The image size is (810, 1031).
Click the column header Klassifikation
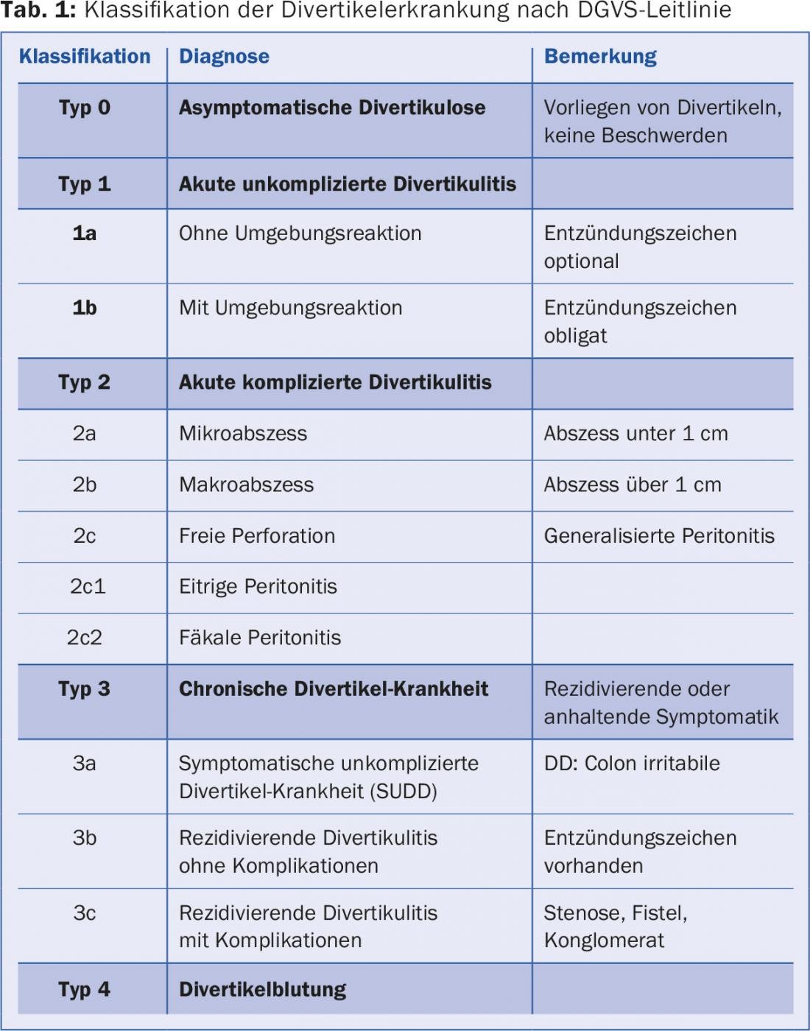85,57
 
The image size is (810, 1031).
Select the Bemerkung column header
600,57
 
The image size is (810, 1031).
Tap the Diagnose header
224,57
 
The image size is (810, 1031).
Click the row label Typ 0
85,108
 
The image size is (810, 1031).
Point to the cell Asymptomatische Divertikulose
332,108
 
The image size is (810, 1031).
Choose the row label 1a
85,233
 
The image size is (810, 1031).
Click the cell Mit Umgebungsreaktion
290,308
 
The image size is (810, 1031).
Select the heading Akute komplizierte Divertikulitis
335,382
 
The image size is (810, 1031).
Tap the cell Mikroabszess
243,434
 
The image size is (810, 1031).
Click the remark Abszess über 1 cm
633,485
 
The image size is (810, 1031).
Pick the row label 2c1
88,587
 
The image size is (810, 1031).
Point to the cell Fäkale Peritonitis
260,638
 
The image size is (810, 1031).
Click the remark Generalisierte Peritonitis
659,536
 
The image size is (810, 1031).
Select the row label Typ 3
85,689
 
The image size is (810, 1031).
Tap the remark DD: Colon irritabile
632,764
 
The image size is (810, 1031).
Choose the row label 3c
85,913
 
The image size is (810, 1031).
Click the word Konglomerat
604,940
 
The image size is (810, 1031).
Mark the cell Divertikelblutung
262,990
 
